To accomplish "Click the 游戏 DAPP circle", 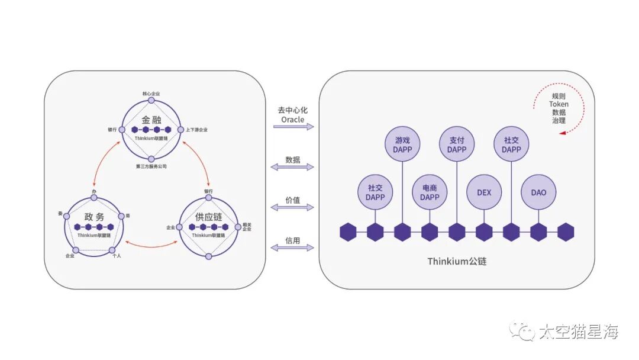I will point(402,144).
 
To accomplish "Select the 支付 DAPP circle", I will point(457,144).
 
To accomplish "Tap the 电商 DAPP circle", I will point(430,192).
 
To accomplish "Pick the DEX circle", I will point(484,192).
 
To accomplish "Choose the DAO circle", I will point(538,192).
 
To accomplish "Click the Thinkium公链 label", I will point(457,261).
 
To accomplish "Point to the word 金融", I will point(151,119).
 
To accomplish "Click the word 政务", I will point(93,217).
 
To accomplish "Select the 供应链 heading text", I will point(208,217).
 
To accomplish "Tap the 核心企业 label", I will point(151,93).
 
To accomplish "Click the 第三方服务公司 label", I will point(151,167).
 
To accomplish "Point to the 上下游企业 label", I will point(196,130).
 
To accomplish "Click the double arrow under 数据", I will point(292,168).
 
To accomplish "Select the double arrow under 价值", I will point(292,207).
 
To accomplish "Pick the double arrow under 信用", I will point(292,247).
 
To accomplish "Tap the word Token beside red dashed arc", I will point(559,104).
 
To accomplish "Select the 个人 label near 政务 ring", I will point(117,256).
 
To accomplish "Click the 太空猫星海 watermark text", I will point(578,332).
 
